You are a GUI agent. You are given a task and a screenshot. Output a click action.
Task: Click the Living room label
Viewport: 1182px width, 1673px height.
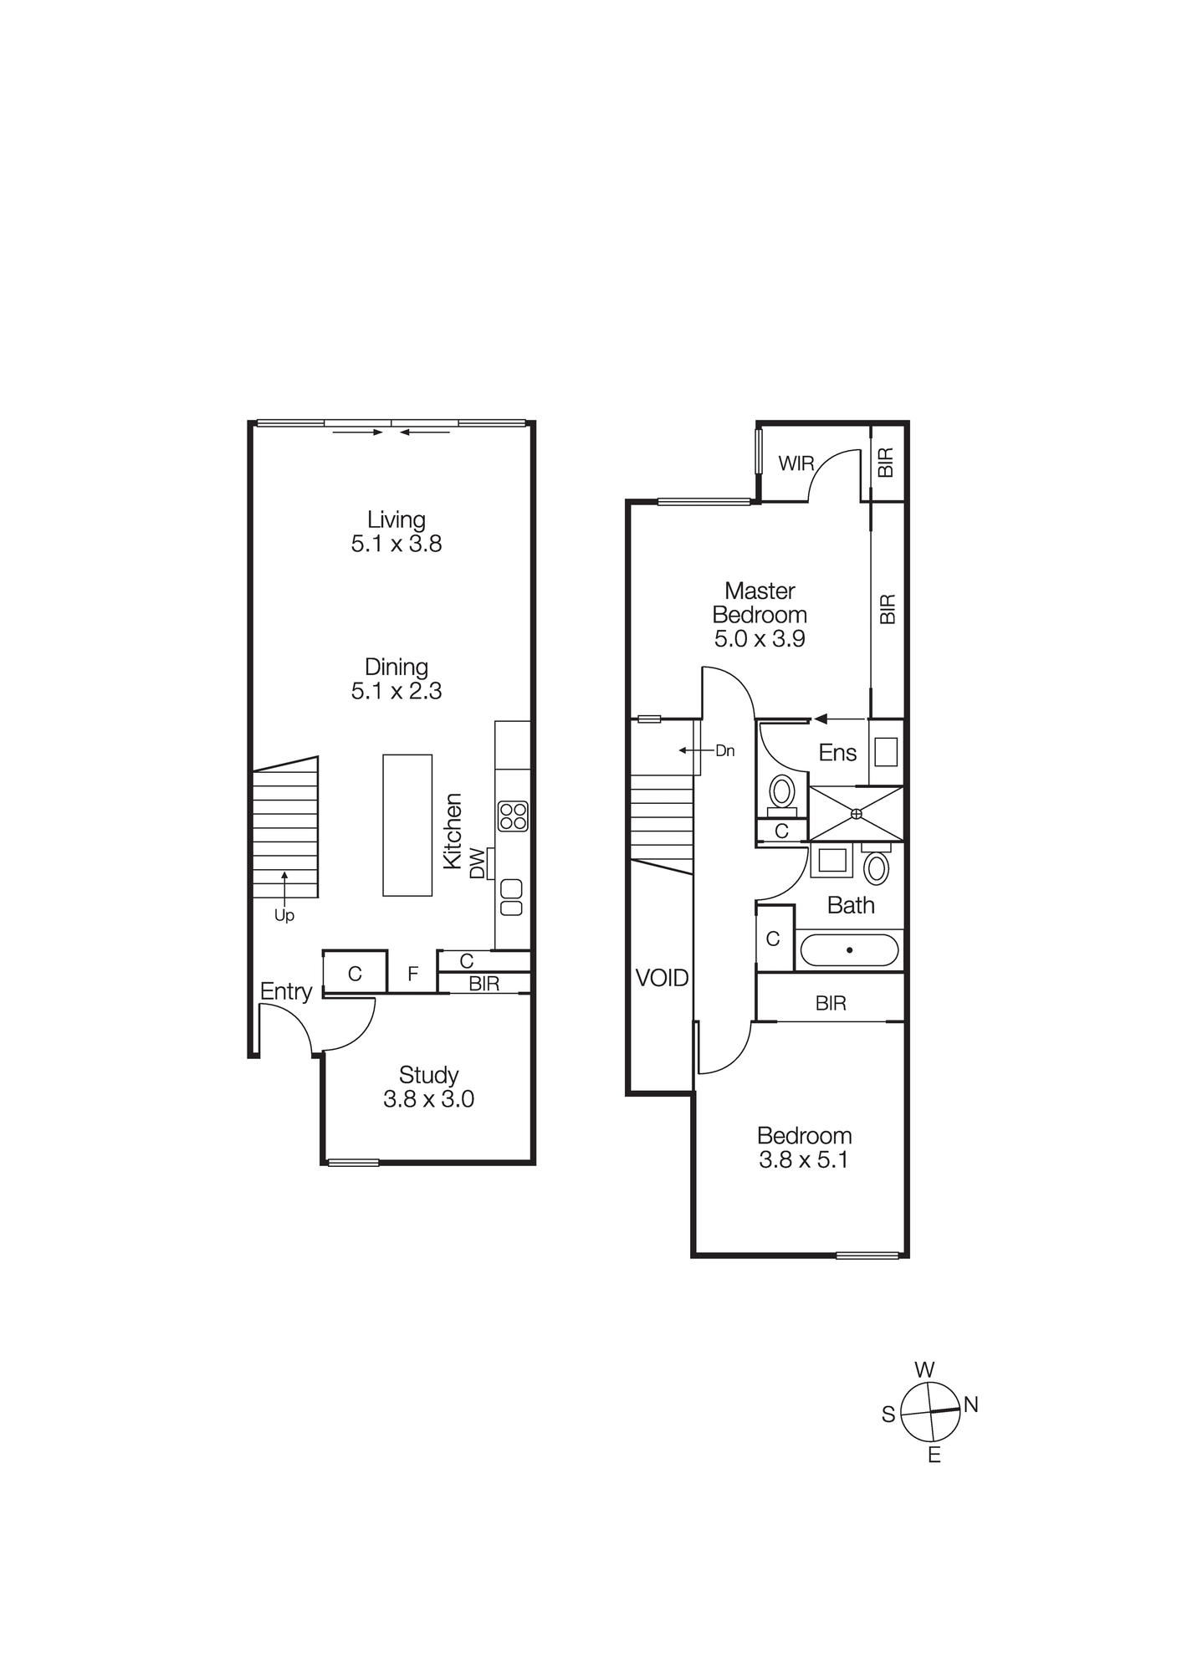(396, 519)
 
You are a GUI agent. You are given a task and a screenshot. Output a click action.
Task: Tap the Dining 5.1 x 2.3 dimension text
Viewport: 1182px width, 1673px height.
(396, 691)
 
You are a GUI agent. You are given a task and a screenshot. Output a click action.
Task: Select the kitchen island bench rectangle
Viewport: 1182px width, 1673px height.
(407, 825)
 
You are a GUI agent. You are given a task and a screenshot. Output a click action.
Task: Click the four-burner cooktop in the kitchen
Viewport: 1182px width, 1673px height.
(513, 816)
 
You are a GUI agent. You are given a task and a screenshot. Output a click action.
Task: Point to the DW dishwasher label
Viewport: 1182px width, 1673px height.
(477, 863)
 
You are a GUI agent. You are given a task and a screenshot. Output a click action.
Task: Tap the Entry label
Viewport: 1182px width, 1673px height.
(285, 991)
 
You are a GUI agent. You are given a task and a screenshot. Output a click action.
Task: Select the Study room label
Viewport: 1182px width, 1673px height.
(428, 1075)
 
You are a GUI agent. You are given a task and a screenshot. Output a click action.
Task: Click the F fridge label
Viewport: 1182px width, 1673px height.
(412, 974)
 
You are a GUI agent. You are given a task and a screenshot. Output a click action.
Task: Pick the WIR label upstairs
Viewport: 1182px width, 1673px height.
(796, 463)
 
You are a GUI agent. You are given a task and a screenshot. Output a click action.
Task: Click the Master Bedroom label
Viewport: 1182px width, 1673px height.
(760, 602)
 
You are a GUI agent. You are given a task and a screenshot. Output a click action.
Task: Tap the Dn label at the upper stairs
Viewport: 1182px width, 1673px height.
(724, 751)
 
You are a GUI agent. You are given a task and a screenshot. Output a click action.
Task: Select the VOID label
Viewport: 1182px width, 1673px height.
(662, 978)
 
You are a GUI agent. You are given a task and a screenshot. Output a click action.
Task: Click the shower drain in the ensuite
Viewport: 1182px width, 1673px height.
(856, 813)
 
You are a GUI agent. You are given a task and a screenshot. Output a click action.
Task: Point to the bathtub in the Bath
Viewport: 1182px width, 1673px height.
(849, 950)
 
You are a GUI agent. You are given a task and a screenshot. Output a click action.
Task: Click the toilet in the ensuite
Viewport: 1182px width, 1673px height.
(782, 790)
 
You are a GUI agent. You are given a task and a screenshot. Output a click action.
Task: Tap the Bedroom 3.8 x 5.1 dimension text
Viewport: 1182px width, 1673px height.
(803, 1160)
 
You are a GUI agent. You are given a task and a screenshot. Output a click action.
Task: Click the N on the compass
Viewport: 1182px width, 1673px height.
(970, 1404)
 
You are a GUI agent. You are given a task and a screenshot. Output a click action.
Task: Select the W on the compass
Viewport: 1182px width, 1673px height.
(924, 1370)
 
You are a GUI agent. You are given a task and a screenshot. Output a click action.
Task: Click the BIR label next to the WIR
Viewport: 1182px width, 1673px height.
(886, 463)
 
